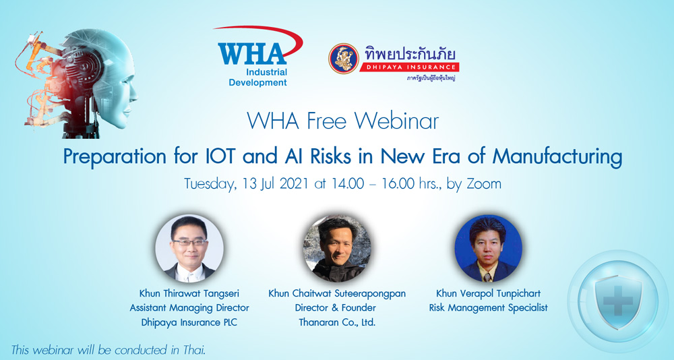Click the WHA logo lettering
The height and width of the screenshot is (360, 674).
point(252,53)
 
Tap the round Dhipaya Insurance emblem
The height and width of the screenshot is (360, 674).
point(344,58)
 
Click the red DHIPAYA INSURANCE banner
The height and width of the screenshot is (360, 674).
point(409,67)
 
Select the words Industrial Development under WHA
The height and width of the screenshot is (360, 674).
point(258,78)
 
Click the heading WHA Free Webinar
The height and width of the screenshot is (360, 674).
point(342,121)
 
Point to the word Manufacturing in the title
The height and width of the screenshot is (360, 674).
point(557,156)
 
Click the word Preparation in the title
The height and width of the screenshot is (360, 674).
point(115,157)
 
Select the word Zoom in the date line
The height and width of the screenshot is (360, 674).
point(484,183)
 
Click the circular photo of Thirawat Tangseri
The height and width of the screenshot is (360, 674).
point(189,249)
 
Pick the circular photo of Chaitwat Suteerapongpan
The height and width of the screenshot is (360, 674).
point(337,249)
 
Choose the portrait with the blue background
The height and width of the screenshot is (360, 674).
point(488,249)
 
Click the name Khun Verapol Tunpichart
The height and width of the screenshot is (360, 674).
point(488,293)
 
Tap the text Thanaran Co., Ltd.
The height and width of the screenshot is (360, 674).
point(337,322)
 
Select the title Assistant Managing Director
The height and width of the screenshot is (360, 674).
point(189,308)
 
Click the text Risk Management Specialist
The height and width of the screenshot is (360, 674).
point(488,308)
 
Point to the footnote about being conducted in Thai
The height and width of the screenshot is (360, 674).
point(109,350)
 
